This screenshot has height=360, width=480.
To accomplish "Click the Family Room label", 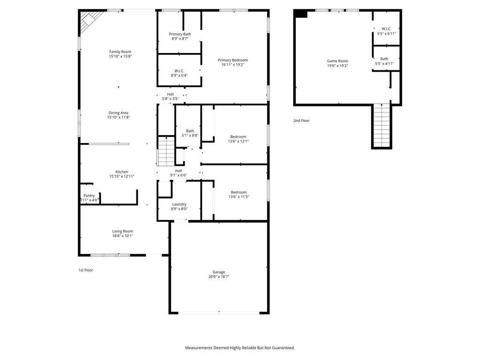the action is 120,52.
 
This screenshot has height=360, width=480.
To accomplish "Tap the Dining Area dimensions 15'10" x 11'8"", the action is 119,117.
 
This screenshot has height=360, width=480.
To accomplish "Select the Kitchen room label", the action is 122,172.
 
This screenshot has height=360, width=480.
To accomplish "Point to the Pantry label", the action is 89,195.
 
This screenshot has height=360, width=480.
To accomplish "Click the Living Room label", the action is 122,231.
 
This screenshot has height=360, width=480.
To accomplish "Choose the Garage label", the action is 219,272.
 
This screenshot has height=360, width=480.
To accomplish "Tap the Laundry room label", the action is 179,204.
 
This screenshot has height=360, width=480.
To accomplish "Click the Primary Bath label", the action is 180,34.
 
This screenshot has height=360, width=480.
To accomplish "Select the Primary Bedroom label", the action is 232,60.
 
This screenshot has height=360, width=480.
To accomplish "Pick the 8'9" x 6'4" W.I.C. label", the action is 179,73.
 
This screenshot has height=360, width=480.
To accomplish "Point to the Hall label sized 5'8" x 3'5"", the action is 170,97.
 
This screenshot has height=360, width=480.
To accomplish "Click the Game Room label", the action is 337,61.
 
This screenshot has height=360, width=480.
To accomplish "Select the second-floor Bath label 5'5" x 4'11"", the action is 384,61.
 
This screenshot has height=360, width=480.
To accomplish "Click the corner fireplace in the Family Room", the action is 90,21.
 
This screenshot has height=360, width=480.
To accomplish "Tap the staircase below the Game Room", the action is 382,126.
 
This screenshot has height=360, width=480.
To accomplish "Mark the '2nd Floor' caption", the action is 301,120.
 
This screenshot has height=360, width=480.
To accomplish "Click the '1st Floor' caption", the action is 86,270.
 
